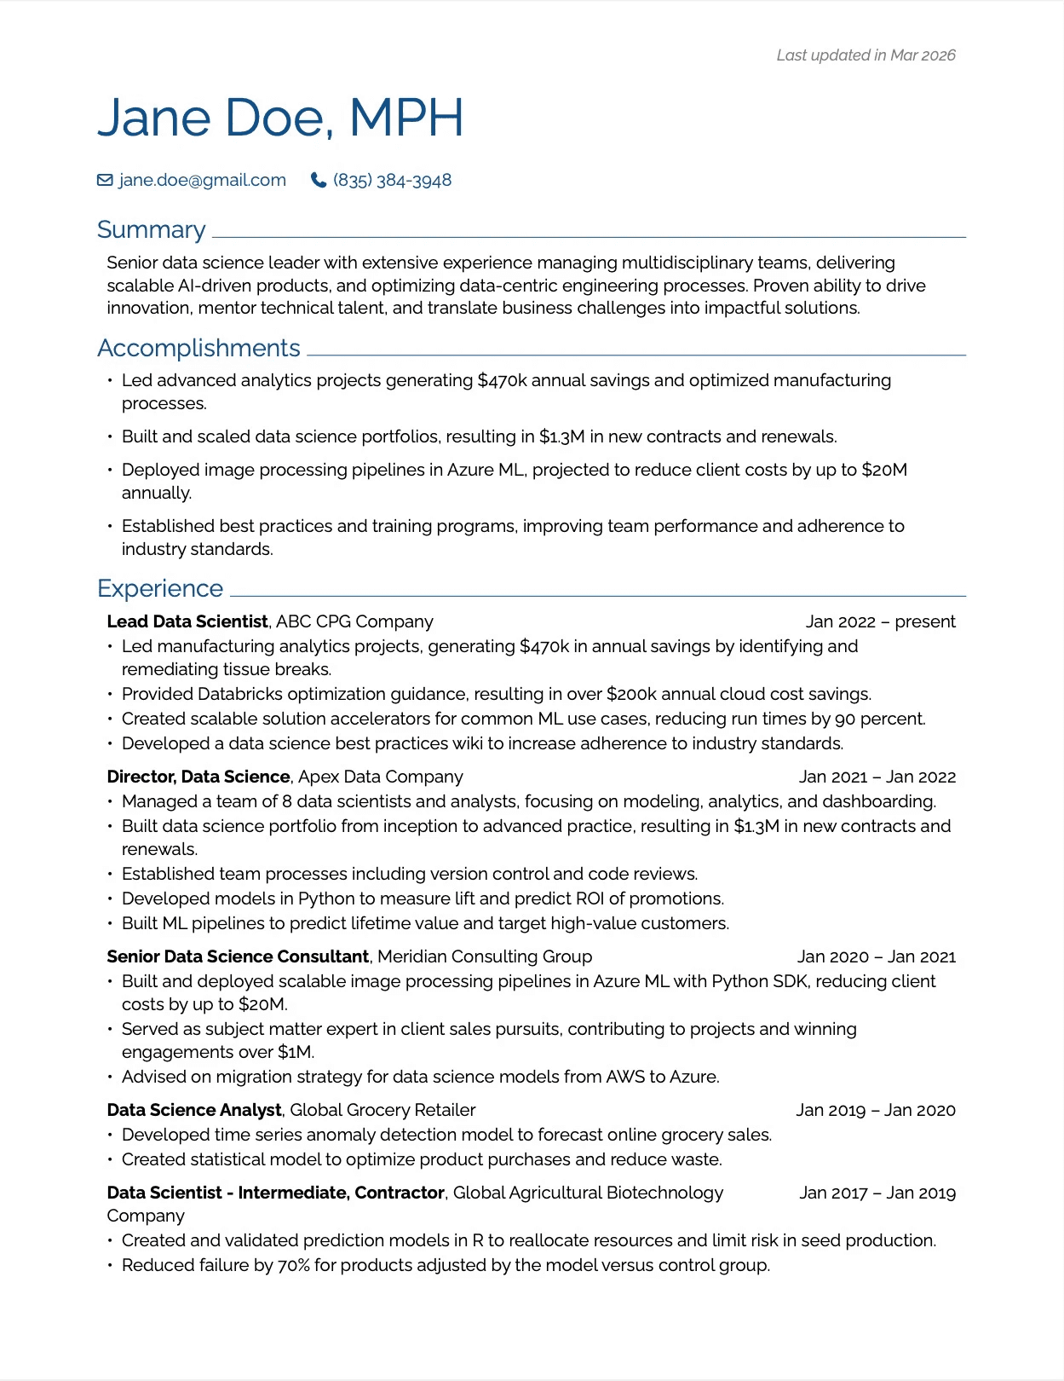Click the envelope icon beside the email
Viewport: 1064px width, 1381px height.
[105, 180]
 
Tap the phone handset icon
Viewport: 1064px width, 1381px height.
[319, 180]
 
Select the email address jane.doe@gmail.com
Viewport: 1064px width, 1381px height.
[202, 180]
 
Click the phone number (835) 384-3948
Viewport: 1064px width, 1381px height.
[392, 180]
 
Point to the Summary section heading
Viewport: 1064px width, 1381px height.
[152, 229]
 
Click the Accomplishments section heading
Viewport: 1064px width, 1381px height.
[198, 348]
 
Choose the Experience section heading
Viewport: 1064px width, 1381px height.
[160, 588]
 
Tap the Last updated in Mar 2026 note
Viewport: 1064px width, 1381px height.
[866, 55]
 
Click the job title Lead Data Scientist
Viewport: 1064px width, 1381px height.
[187, 621]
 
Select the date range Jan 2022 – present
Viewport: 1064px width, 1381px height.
[880, 621]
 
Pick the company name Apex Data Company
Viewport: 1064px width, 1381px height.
[380, 777]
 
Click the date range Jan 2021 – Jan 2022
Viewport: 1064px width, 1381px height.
[877, 777]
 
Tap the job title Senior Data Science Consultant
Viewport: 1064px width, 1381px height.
[238, 956]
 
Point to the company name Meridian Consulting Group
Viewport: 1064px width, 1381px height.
[484, 956]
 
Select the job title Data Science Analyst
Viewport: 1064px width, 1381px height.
[194, 1110]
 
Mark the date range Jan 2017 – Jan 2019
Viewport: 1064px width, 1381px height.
[877, 1193]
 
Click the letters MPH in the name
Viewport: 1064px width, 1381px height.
[406, 118]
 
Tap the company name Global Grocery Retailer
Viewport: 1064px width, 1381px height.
[382, 1110]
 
